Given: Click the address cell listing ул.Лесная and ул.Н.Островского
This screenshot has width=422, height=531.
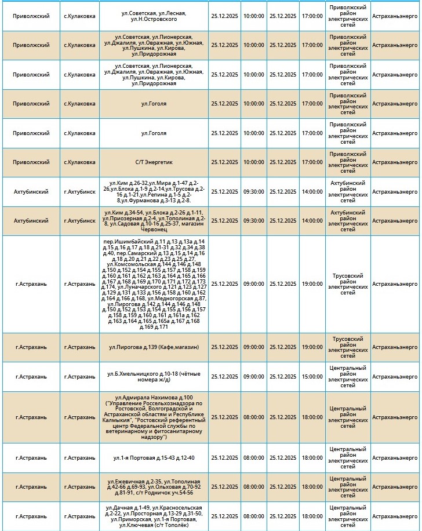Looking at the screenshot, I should [x=154, y=16].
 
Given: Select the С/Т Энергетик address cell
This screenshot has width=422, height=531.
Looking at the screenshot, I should [x=154, y=162].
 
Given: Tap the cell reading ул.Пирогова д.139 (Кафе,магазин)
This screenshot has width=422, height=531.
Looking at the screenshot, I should [x=154, y=347].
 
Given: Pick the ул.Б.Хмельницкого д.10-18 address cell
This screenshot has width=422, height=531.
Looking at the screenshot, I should [x=154, y=377].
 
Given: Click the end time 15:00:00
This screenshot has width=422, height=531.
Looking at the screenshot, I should [x=312, y=377].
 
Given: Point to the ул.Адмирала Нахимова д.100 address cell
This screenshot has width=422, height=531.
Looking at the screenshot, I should [x=154, y=417].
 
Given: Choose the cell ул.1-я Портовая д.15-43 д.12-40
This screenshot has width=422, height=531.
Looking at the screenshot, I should [x=154, y=458].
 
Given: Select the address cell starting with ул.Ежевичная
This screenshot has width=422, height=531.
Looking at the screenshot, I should [x=154, y=487].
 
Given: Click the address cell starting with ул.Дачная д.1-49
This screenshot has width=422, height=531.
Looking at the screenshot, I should [x=154, y=516].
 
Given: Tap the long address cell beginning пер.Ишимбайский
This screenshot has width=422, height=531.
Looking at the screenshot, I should [x=154, y=284].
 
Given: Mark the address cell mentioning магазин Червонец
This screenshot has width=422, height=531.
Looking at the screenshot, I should [x=154, y=221].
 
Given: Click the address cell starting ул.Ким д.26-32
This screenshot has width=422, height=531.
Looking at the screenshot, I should [x=154, y=192].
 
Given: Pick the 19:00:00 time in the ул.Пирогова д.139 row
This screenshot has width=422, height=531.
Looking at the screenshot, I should [x=312, y=347].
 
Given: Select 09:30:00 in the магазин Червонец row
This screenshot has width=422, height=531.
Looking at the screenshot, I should [x=253, y=221].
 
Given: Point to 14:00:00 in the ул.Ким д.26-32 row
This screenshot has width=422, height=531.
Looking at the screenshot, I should [x=312, y=192].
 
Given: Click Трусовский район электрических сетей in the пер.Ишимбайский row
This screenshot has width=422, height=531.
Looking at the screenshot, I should [x=348, y=284].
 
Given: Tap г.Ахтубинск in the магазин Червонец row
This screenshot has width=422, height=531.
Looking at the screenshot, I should [x=79, y=221].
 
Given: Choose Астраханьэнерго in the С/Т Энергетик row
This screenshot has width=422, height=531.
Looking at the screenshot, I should [x=395, y=162].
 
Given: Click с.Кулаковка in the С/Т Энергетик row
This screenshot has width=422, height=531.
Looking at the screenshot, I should [x=79, y=162].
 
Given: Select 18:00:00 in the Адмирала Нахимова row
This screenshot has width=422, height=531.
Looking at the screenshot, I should [x=312, y=417].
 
